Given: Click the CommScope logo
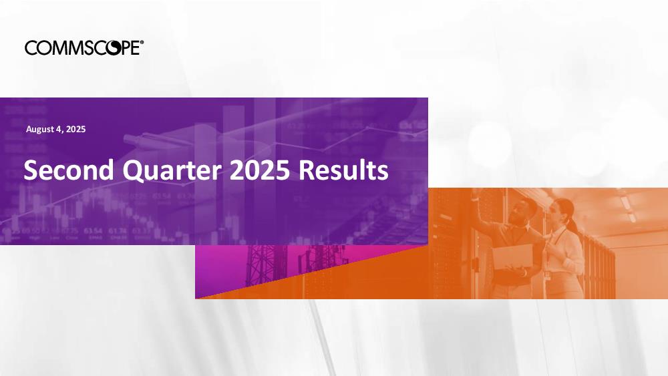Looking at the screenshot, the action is (84, 47).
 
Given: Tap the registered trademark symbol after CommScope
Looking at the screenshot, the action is (142, 42).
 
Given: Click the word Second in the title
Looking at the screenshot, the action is (69, 170).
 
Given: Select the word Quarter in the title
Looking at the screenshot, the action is (172, 170).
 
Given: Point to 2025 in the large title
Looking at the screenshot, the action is (259, 170).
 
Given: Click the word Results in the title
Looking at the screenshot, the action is (343, 170).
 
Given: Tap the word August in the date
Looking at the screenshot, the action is (40, 130).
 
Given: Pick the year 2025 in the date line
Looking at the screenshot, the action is (76, 129).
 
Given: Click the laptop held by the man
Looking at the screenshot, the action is (513, 256).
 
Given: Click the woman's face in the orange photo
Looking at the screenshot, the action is (555, 213).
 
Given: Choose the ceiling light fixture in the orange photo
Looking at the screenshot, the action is (627, 204).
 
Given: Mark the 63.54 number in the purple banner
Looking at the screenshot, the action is (93, 231).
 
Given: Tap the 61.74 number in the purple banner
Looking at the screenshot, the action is (117, 231).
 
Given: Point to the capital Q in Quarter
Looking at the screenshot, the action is (134, 171).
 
